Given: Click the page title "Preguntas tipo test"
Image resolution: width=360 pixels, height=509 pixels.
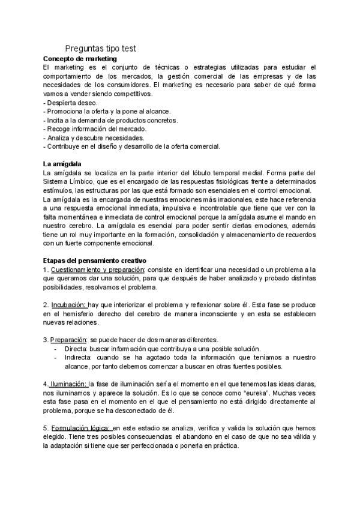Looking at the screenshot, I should [x=100, y=49].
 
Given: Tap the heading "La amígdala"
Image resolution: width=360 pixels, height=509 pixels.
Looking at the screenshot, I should [x=62, y=164].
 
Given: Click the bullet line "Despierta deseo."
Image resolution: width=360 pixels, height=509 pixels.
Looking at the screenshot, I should [x=72, y=103].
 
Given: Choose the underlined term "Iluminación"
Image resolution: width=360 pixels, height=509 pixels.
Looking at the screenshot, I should [x=68, y=384].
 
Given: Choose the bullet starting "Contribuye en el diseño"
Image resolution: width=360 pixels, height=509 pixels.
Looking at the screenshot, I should [x=132, y=146].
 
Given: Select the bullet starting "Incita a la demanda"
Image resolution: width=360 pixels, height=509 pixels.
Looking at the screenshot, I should [x=111, y=120].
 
